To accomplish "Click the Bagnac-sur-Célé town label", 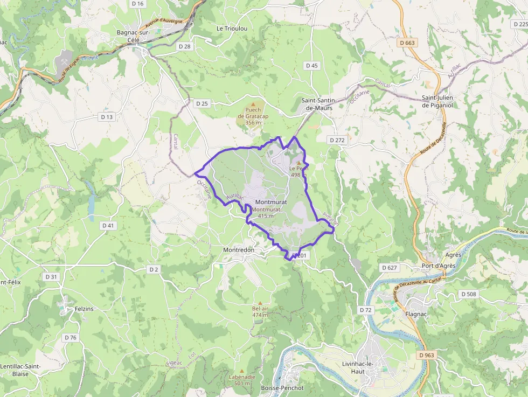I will (x=133, y=36).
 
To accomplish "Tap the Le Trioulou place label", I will (x=232, y=28).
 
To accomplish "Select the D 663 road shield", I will (x=408, y=43).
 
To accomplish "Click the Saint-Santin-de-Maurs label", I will (x=319, y=104).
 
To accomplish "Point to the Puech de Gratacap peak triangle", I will (x=253, y=103).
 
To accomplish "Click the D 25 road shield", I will (x=202, y=103).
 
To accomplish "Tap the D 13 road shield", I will (x=107, y=116).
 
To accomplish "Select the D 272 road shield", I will (x=337, y=140).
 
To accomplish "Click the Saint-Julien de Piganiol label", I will (x=438, y=101).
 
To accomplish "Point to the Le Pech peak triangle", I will (x=299, y=162).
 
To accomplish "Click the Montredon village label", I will (x=239, y=250).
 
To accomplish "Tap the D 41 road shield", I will (x=108, y=225).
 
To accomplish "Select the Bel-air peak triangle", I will (x=260, y=303).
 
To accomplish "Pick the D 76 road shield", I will (x=71, y=337).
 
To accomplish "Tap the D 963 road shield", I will (x=426, y=355).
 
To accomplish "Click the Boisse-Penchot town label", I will (x=282, y=388).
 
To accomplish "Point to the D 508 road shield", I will (x=469, y=294).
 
